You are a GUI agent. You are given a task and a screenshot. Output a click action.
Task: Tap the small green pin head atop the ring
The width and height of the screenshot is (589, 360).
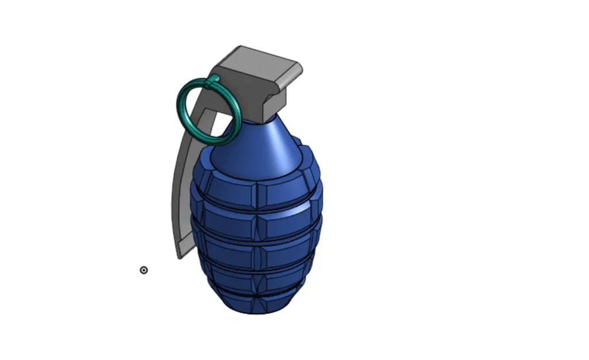[x=214, y=78]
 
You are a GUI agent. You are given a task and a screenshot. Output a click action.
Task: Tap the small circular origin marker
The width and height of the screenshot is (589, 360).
[x=144, y=270]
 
